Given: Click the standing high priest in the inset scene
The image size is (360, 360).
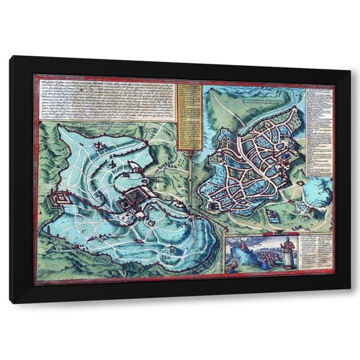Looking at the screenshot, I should (286, 252).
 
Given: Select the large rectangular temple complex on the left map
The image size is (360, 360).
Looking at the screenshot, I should (135, 199).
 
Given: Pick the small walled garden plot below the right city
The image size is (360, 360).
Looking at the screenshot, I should (272, 216).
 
